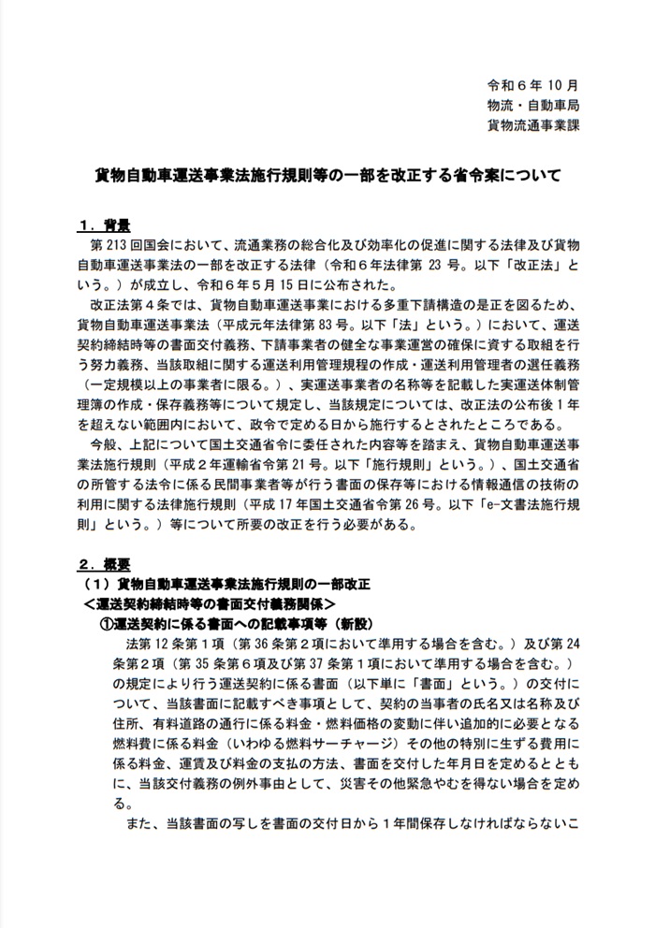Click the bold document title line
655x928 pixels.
[x=327, y=174]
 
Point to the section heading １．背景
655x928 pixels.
[x=102, y=225]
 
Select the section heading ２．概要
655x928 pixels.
[x=102, y=565]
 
